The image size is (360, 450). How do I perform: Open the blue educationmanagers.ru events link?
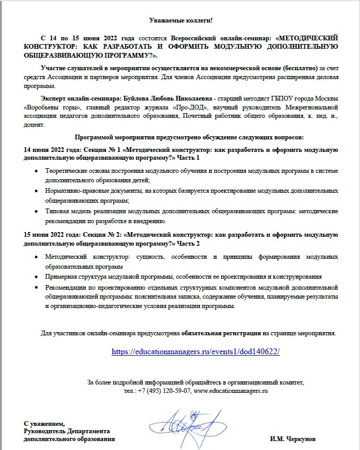[196, 352]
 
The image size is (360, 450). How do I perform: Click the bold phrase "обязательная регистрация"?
[222, 333]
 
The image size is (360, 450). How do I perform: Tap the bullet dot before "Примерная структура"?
[35, 276]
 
